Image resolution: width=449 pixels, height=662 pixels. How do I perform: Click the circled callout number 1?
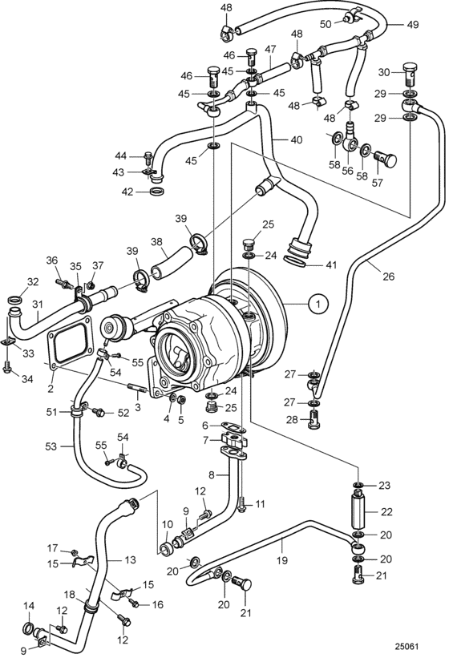point(319,303)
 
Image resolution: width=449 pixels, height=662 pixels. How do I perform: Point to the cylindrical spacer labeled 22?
point(358,511)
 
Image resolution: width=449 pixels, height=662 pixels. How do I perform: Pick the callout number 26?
point(388,277)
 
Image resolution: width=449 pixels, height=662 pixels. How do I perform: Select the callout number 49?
point(412,25)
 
